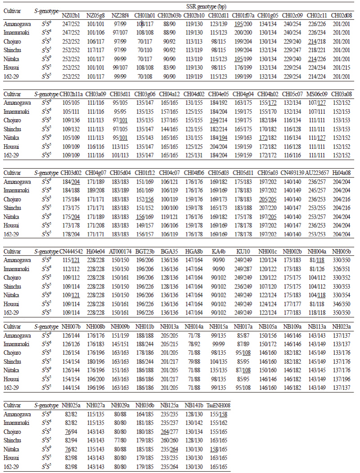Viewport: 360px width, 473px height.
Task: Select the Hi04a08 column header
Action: click(342, 173)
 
